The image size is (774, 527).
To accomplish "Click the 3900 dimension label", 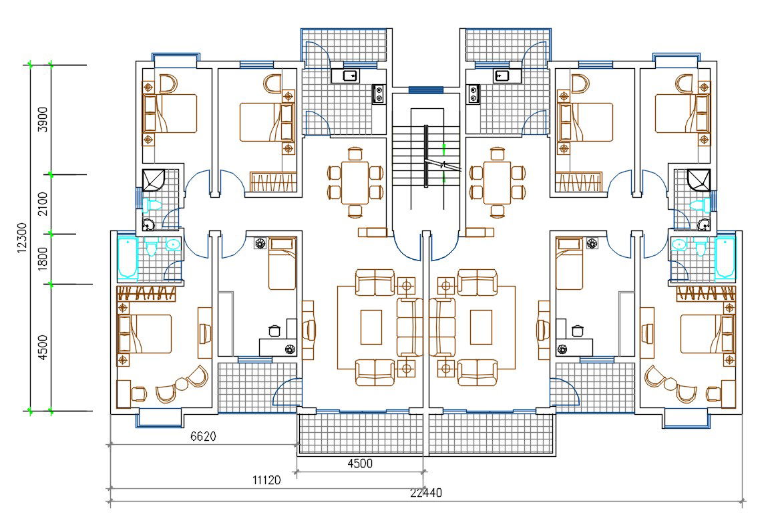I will tap(42, 119).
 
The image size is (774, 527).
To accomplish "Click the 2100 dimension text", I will tap(42, 203).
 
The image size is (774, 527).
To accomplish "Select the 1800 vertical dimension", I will tap(42, 258).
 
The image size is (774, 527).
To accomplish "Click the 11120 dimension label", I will tap(265, 480).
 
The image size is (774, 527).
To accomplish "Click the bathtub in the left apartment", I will tap(126, 257).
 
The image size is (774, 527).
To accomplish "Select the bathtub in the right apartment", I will tap(725, 257).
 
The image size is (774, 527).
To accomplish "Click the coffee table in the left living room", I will tap(371, 326).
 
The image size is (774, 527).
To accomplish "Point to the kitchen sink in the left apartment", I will tap(349, 75).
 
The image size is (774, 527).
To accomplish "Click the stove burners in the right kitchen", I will tap(473, 93).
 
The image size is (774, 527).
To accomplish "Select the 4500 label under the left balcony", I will tap(360, 464).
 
